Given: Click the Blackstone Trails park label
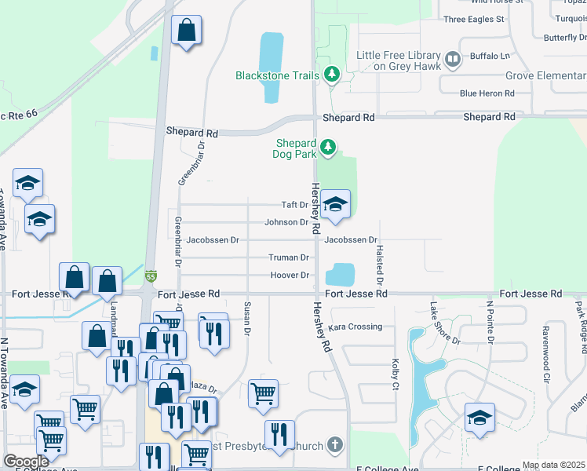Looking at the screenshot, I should coord(278,75).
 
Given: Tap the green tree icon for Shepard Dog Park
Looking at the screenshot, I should coord(328,146).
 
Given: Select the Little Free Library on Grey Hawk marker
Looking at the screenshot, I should coord(452,59).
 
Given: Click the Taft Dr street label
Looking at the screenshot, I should coord(295,205).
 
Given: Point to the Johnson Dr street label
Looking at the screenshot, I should coord(286,222).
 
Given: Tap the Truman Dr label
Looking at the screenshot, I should coord(289,257).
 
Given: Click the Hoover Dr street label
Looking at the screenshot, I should coord(290,275).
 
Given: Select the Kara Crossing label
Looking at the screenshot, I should coord(355,327).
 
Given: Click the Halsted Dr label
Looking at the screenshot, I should coord(380,264).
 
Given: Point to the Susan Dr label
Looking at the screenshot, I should coord(247,319).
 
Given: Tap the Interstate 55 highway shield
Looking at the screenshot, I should coord(151,276).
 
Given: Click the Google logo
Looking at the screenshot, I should coord(26,462).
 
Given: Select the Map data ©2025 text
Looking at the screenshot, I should coord(554,465).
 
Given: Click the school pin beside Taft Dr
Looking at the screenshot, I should coord(335,206).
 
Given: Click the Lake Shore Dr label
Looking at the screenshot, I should coord(445,323).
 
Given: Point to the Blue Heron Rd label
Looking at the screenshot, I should coord(487,93).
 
